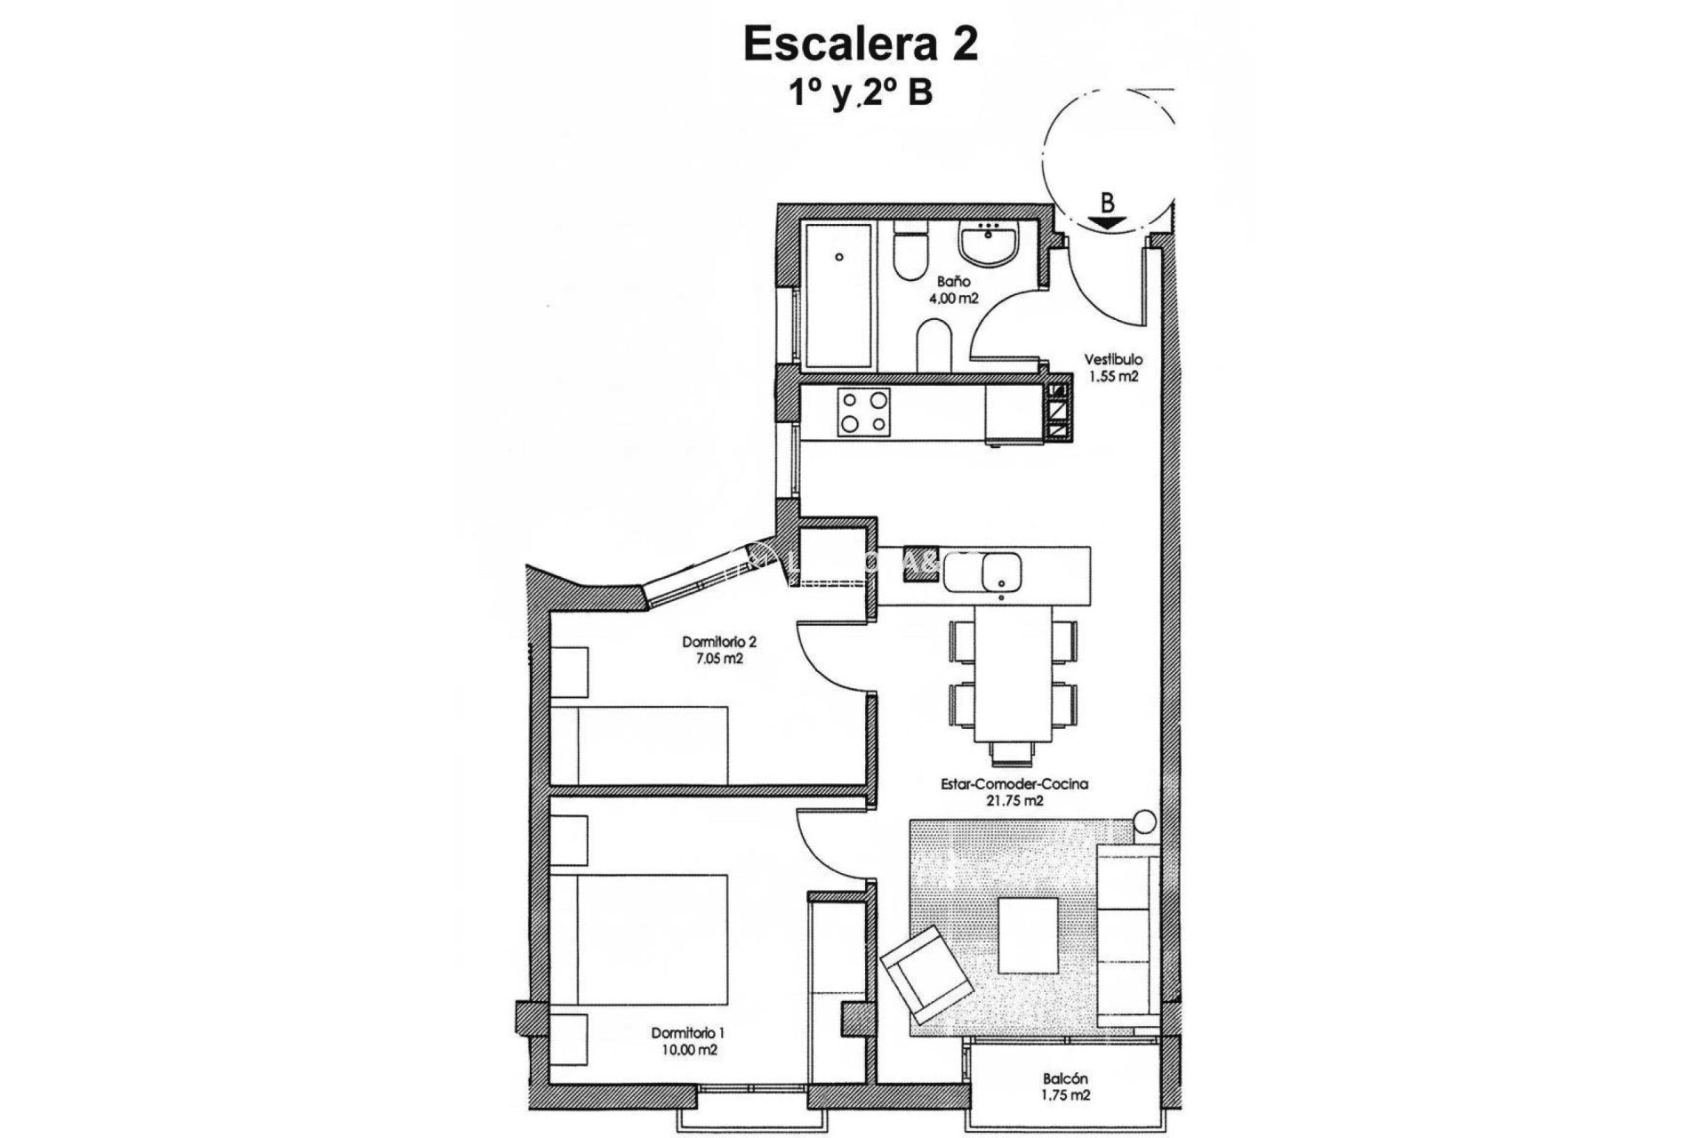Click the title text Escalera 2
tap(860, 44)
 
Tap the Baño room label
tap(953, 282)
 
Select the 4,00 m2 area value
tap(953, 299)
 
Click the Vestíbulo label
tap(1113, 360)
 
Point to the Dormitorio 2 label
tap(718, 642)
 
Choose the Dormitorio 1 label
tap(687, 1033)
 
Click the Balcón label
tap(1065, 1079)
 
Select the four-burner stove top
tap(863, 413)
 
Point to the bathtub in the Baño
tap(837, 295)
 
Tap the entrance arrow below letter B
tap(1107, 224)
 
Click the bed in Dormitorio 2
tap(639, 745)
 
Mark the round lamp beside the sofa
tap(1146, 821)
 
